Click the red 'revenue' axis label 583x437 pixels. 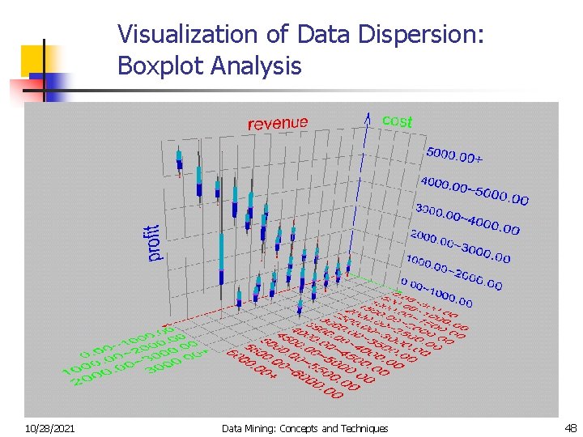pyautogui.click(x=278, y=123)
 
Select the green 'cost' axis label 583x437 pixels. pyautogui.click(x=397, y=121)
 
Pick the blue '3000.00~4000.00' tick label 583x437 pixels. pyautogui.click(x=467, y=218)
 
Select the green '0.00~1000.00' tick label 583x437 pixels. pyautogui.click(x=126, y=343)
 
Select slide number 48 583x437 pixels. pyautogui.click(x=569, y=428)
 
